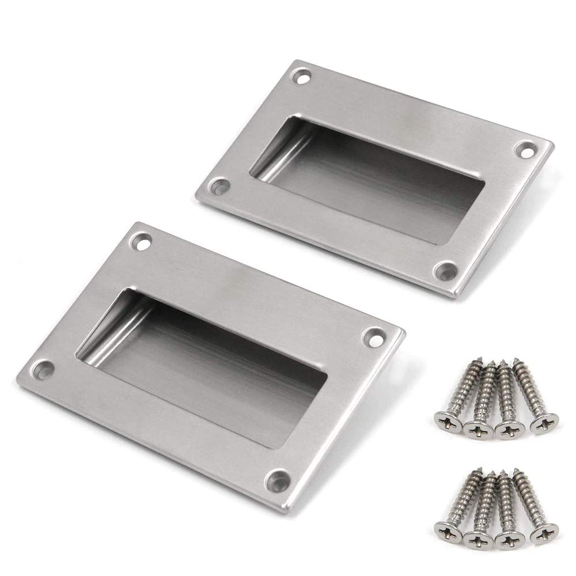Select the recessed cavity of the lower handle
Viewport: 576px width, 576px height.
(213, 357)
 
